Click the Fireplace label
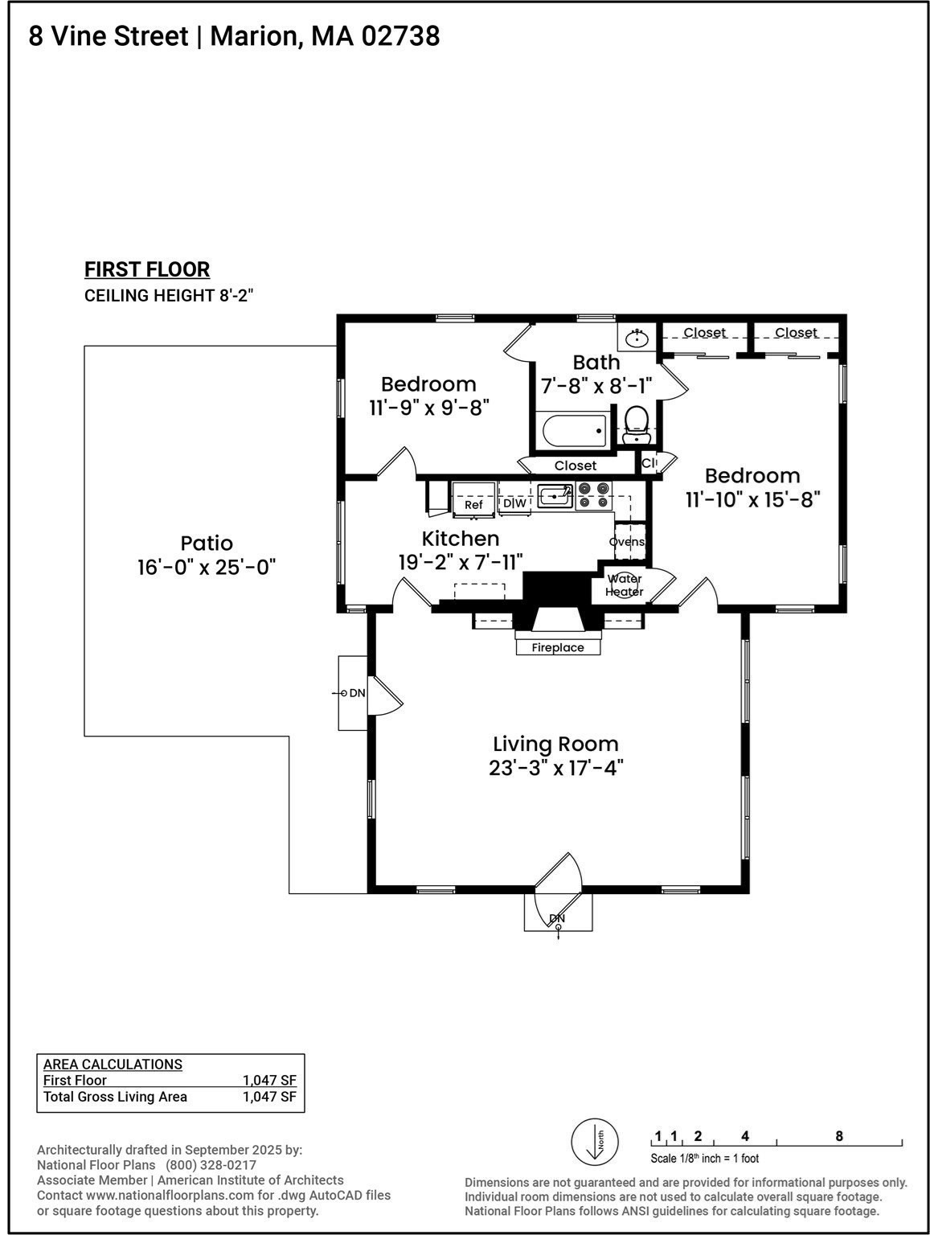coord(557,647)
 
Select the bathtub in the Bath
coord(574,430)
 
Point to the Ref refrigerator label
coord(473,504)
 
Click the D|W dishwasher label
coord(514,503)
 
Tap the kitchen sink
coord(555,496)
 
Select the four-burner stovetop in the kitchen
coord(593,495)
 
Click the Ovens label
coord(627,541)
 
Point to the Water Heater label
coord(625,585)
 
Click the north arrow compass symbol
coord(595,1142)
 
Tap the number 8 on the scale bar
coord(839,1136)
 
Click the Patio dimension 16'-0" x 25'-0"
coord(207,567)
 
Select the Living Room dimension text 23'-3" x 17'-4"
coord(555,768)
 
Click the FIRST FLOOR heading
coord(147,269)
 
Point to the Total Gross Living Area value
coord(269,1097)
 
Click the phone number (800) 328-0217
coord(211,1165)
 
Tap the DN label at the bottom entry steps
coord(557,918)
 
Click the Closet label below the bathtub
coord(576,466)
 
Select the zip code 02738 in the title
coord(400,36)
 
